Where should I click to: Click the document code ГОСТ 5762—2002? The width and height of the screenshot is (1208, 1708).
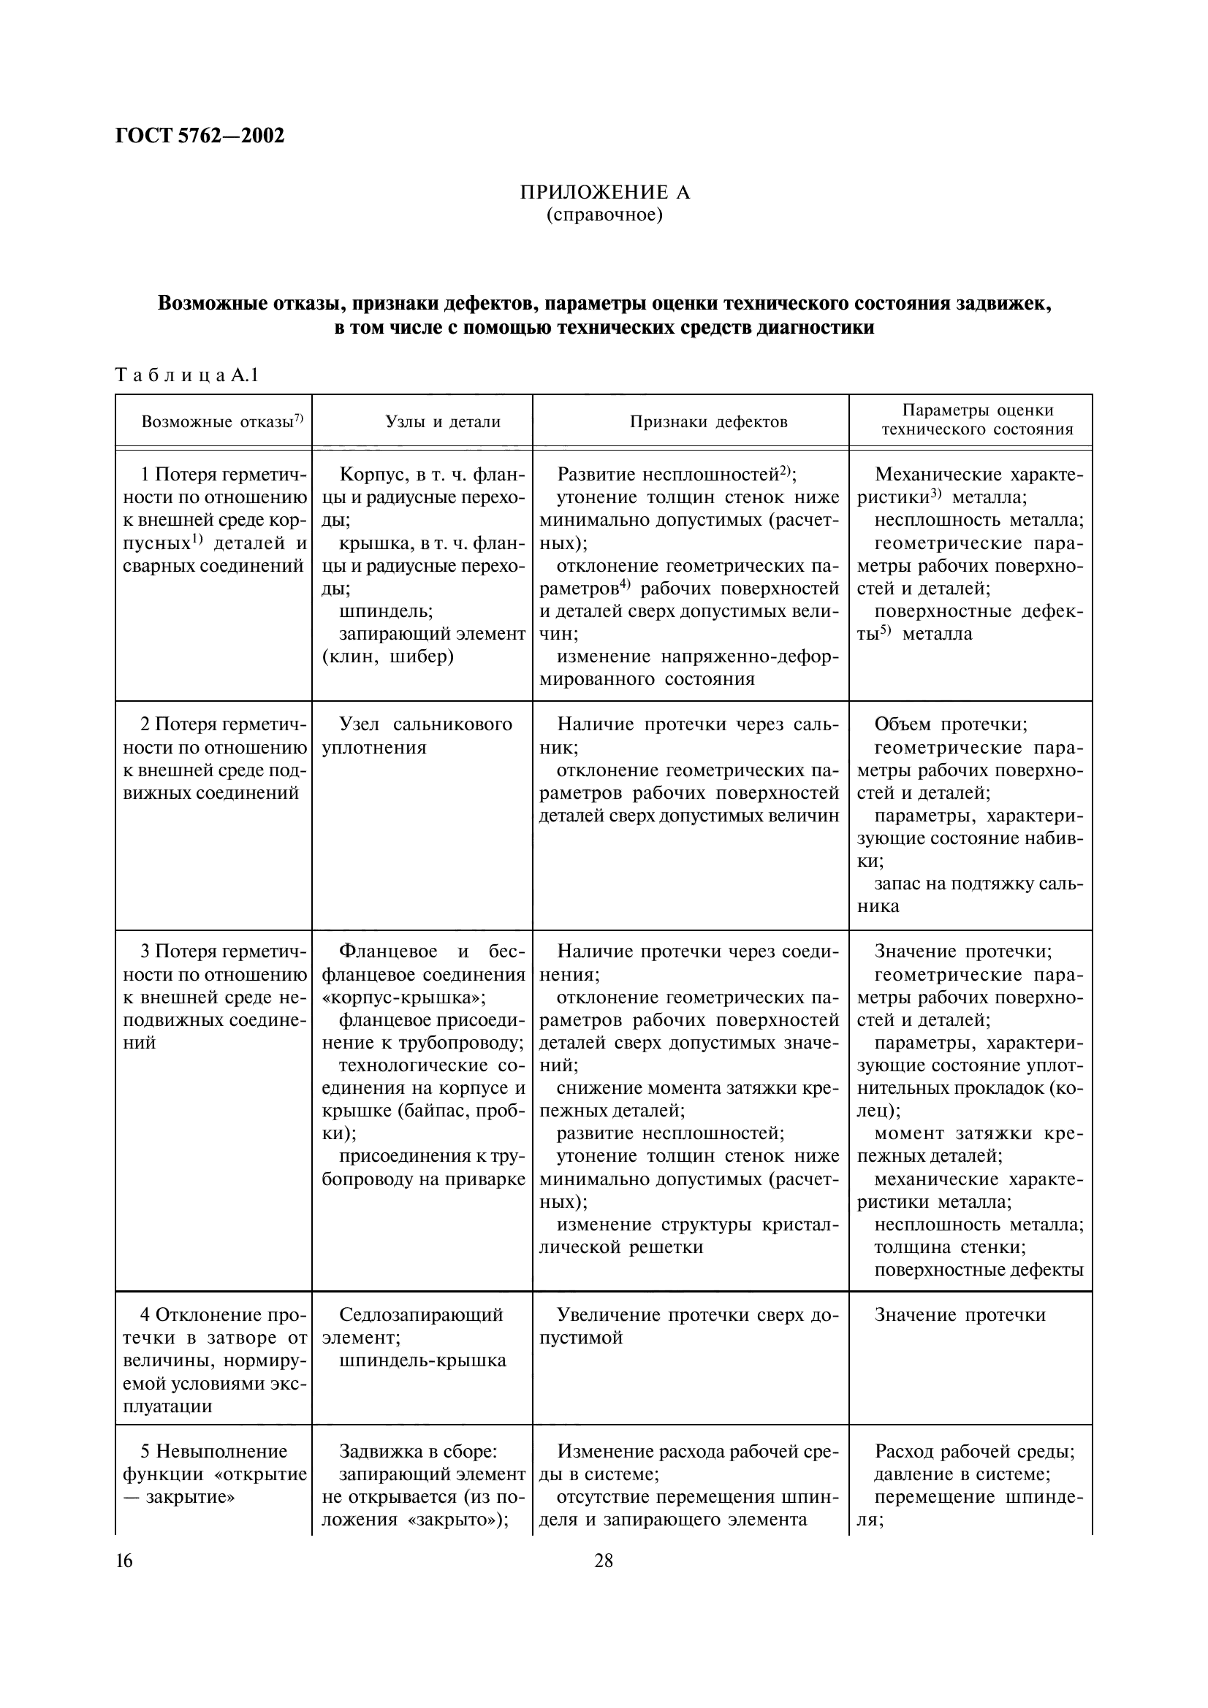tap(200, 136)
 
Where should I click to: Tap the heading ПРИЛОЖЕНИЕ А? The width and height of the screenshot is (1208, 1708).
tap(604, 193)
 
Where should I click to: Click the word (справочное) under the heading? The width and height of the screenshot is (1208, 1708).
tap(604, 215)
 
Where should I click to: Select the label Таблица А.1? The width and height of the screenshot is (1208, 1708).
tap(187, 375)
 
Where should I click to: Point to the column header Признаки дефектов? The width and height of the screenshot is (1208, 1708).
tap(708, 422)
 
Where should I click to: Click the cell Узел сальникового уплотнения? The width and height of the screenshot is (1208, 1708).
tap(417, 736)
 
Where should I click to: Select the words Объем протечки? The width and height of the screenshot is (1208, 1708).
tap(951, 724)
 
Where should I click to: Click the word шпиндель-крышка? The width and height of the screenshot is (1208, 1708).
tap(422, 1360)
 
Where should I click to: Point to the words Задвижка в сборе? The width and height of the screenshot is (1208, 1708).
tap(417, 1452)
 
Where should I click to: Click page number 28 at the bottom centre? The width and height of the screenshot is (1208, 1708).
tap(604, 1560)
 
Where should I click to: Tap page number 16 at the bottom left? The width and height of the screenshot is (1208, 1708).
tap(124, 1560)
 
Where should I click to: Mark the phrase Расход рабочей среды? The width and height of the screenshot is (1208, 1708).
tap(974, 1452)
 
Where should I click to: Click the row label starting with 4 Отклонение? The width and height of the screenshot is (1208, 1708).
tap(214, 1315)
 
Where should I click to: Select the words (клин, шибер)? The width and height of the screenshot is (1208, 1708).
tap(388, 658)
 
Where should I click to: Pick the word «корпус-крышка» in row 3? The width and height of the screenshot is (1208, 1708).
tap(403, 997)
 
